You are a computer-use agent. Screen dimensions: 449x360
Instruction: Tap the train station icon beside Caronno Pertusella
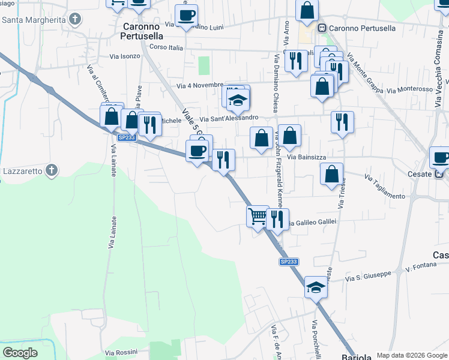322,28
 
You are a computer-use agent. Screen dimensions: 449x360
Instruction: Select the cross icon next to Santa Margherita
74,19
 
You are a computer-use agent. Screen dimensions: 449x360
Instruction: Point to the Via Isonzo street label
125,56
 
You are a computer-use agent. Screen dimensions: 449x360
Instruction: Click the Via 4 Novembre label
200,86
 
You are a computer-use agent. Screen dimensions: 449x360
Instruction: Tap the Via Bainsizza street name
307,157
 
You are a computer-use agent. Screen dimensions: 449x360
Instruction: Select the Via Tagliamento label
385,186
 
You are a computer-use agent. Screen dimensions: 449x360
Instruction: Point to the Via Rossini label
122,353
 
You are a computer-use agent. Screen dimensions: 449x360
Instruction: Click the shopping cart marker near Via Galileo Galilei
258,215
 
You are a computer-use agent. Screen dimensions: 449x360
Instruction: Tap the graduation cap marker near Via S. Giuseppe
315,287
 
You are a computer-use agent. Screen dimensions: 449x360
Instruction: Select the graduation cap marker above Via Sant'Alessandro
238,100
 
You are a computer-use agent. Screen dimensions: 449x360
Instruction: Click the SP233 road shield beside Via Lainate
127,137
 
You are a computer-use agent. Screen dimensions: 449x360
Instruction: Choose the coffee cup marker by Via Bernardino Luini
187,16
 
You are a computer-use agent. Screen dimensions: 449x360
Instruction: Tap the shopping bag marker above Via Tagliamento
331,173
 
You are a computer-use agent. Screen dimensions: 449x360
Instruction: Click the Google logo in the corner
20,353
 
